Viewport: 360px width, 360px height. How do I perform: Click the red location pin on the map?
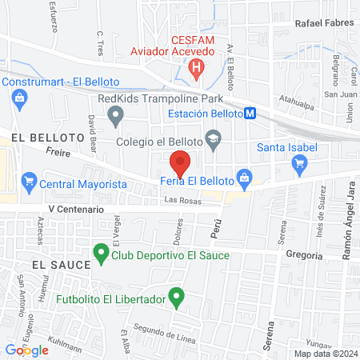181,162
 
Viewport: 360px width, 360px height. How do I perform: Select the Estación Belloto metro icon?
250,114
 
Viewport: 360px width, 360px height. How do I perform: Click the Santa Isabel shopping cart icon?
301,165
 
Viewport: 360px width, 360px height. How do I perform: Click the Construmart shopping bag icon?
18,98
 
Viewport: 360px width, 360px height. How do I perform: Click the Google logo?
26,350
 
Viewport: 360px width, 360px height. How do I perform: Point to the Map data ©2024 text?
324,354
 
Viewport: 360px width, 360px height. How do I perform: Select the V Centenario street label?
76,209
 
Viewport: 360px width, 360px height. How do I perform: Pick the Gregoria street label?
303,256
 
